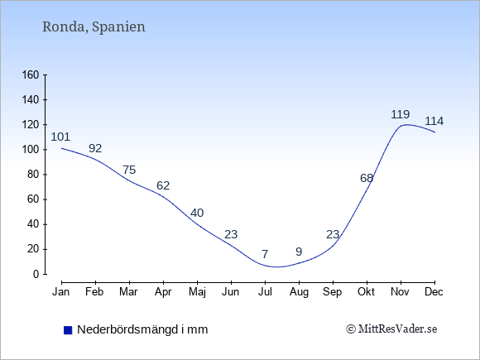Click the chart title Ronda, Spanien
coord(94,26)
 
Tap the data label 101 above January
coord(60,137)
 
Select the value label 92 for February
coord(95,148)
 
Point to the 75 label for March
coord(129,170)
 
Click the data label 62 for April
coord(163,185)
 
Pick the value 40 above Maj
coord(197,213)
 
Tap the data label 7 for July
coord(265,254)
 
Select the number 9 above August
coord(299,252)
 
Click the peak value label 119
coord(401,114)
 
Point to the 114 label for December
coord(434,121)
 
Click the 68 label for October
coord(367,178)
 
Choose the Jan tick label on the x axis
coord(61,292)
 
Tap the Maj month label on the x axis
coord(197,292)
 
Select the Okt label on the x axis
coord(366,292)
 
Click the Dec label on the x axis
coord(434,292)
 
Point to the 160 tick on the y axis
coord(31,74)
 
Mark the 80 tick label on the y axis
coord(33,175)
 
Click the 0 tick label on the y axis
coord(36,274)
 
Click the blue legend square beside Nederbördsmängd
coord(68,330)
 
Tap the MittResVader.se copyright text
coord(391,329)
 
